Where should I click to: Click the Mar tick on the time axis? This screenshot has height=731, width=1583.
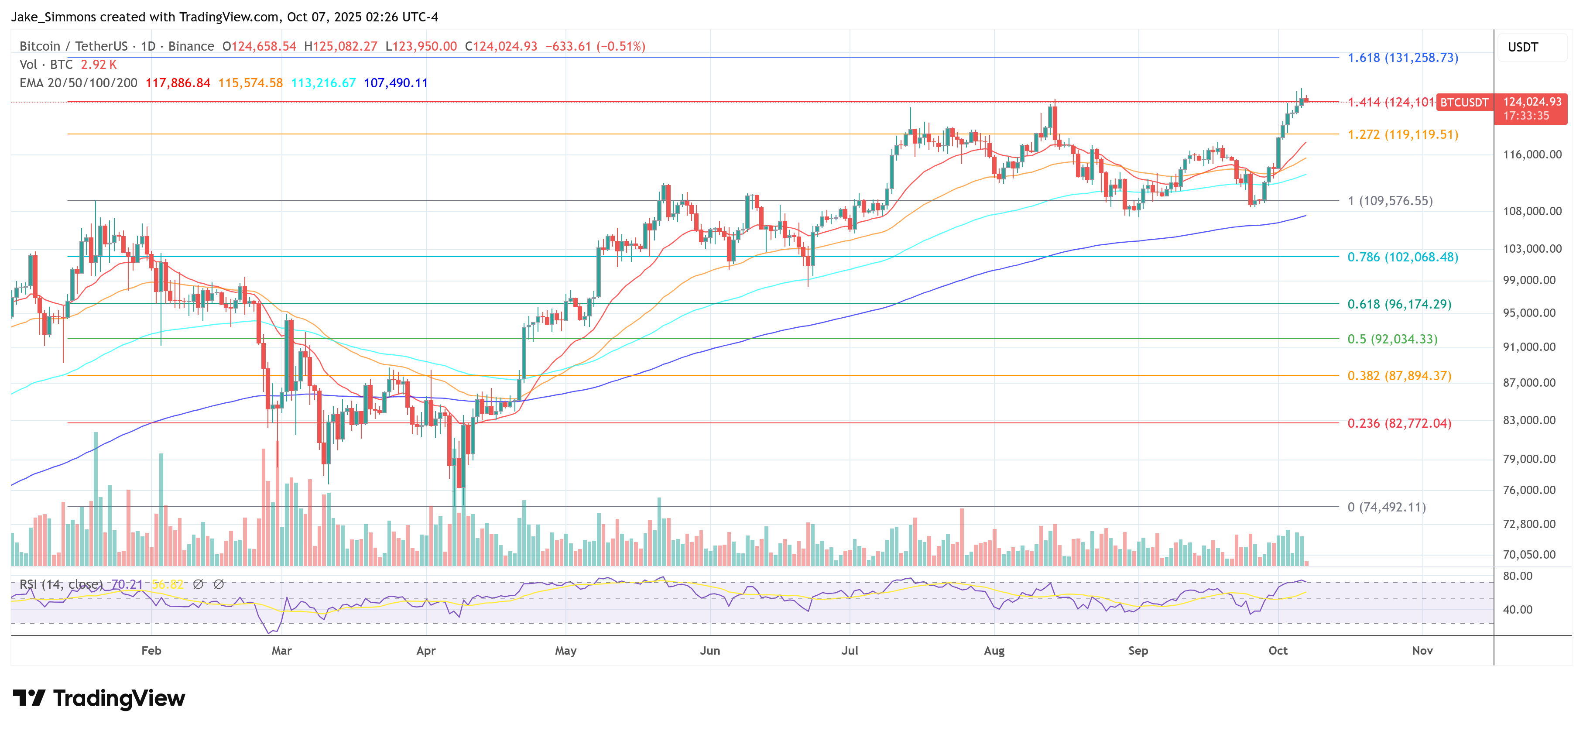point(281,650)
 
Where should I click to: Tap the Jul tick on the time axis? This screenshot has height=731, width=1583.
point(850,650)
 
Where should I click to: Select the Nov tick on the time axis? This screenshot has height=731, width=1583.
point(1422,650)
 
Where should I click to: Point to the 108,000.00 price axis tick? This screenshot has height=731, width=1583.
point(1532,211)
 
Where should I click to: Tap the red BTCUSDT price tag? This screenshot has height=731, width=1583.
point(1464,102)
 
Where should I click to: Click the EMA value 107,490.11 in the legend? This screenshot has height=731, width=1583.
point(396,83)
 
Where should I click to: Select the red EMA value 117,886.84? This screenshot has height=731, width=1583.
point(178,83)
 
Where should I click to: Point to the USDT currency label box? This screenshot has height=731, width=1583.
point(1523,47)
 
